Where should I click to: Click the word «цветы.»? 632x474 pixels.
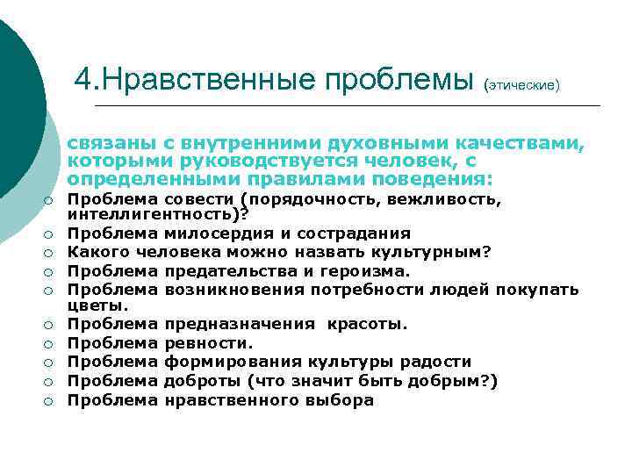[98, 306]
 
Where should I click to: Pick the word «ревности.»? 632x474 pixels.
[209, 342]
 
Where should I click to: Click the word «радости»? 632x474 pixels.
[440, 362]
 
